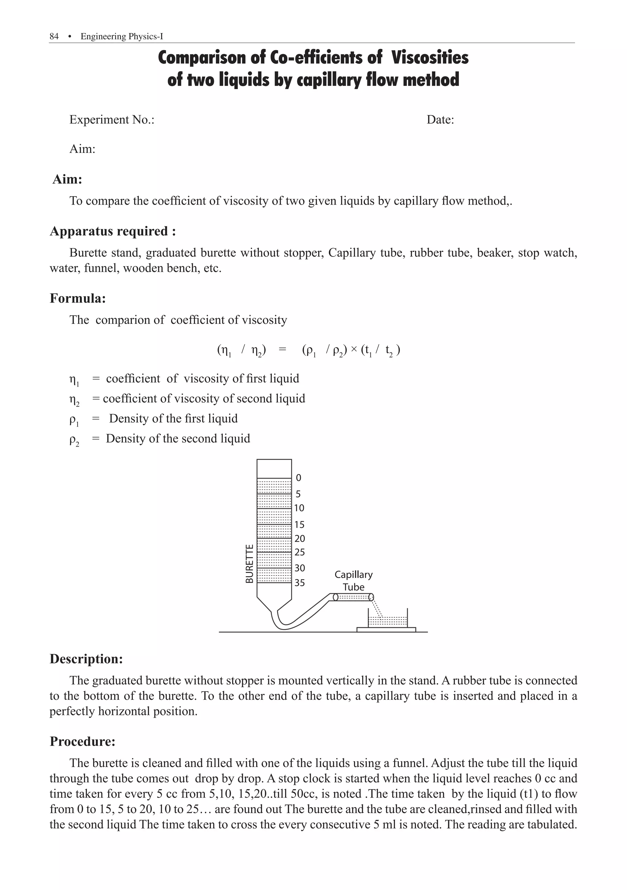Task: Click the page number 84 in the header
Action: click(54, 36)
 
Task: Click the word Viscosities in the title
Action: click(430, 58)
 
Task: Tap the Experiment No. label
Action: click(112, 120)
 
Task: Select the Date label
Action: click(440, 120)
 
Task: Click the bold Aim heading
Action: click(68, 180)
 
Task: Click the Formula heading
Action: click(77, 298)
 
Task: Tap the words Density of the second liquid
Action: click(178, 438)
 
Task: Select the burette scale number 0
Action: click(298, 477)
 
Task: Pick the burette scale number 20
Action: click(299, 538)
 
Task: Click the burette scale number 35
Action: click(299, 583)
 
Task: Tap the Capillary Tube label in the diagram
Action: click(354, 580)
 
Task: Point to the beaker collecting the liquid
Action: click(387, 619)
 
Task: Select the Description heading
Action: click(86, 659)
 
